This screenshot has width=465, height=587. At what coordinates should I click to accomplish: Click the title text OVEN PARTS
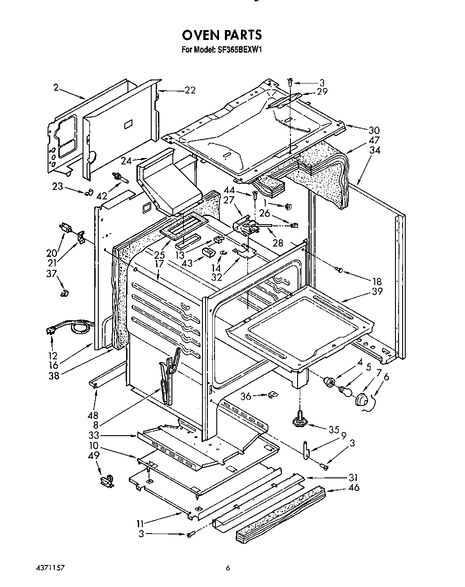coord(221,35)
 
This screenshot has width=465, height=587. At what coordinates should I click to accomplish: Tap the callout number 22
coord(190,90)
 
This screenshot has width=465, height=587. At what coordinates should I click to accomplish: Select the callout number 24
coord(126,160)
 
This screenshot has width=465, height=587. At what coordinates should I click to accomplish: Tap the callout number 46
coord(354,487)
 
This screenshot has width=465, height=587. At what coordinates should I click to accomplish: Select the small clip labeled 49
coord(106,481)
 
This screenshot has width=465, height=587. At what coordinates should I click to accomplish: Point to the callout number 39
coord(377,291)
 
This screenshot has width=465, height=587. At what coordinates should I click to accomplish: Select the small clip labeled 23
coord(88,192)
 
